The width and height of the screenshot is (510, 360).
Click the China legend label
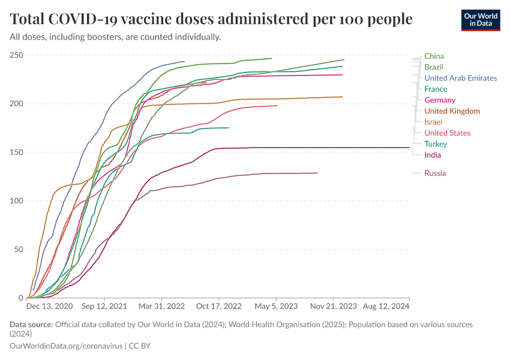434,56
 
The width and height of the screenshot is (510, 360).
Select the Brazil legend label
433,67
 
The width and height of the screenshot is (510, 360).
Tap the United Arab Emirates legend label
460,78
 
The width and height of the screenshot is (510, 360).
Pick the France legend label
435,89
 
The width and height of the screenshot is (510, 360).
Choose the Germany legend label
439,100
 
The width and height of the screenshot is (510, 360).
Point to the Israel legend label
433,122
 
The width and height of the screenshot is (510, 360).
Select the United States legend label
447,133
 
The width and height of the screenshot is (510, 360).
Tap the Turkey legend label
435,144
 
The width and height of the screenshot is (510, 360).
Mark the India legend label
432,155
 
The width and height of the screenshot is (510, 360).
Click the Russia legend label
434,173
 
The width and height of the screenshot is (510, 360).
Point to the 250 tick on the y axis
16,55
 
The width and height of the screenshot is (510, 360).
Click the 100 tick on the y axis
16,200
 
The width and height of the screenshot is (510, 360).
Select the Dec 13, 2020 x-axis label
49,306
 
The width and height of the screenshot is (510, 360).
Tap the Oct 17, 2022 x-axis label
220,306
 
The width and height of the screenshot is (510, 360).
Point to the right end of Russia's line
317,173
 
